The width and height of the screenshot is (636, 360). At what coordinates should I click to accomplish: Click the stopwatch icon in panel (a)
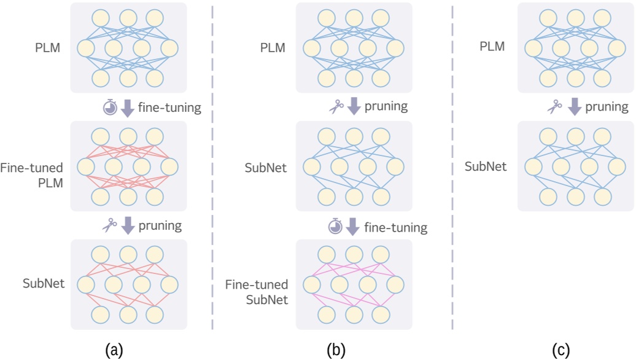tap(110, 108)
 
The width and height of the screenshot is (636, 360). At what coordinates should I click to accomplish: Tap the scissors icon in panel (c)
tap(555, 107)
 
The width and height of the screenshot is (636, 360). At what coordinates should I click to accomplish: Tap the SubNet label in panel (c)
tap(486, 166)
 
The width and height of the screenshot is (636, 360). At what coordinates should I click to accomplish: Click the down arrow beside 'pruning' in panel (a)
tap(128, 225)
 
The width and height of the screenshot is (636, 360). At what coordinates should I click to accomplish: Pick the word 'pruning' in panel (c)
tap(607, 107)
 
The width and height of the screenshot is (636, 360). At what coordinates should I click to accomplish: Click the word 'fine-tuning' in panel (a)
tap(171, 108)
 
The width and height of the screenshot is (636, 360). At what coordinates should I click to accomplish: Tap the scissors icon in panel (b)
tap(335, 106)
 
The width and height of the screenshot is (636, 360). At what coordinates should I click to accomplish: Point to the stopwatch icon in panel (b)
tap(335, 227)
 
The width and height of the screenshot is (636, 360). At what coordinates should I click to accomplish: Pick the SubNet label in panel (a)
tap(44, 283)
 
